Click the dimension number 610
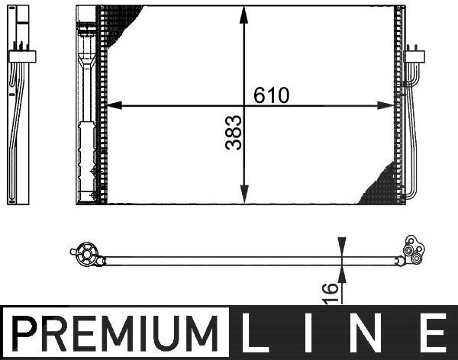tap(271, 95)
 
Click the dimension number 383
tap(234, 133)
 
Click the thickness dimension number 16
tap(331, 293)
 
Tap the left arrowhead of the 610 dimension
tap(114, 105)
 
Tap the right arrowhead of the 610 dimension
tap(385, 105)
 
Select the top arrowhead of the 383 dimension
tap(244, 14)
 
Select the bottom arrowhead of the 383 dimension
tap(244, 194)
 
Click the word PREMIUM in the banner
tap(114, 333)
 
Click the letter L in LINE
tap(251, 333)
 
